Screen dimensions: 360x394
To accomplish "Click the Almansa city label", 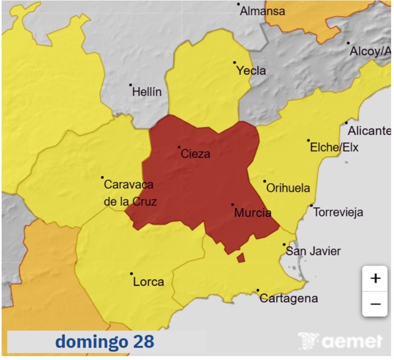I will [x=262, y=11].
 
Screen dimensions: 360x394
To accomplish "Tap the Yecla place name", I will [x=251, y=71].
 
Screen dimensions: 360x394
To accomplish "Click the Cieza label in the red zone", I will [x=196, y=154].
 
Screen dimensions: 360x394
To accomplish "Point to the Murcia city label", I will [x=252, y=213].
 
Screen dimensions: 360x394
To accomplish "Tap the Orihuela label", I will [x=288, y=188].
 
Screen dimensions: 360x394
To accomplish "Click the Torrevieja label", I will [x=338, y=213].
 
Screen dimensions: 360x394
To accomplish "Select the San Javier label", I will [x=313, y=251].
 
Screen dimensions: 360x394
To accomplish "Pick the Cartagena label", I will [x=288, y=298].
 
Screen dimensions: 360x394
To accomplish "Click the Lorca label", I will [x=148, y=281].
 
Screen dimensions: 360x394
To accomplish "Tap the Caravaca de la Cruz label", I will [x=130, y=193].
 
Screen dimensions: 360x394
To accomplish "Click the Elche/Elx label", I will [x=333, y=147].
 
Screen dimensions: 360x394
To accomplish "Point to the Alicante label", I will [x=369, y=131].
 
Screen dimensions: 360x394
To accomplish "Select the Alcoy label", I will [x=370, y=51].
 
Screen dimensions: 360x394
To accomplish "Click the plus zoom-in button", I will [x=375, y=278].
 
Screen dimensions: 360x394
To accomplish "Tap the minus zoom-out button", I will [x=375, y=304].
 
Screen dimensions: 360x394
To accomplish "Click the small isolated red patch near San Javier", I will [x=241, y=257].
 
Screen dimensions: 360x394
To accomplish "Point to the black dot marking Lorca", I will [x=131, y=274].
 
